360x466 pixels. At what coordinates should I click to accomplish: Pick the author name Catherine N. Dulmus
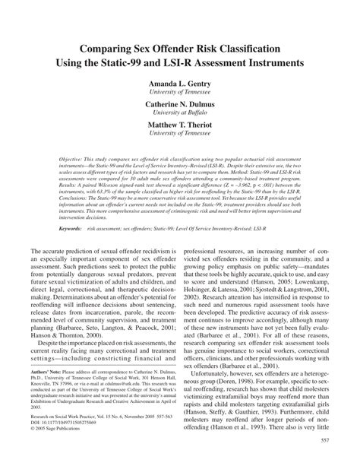179,102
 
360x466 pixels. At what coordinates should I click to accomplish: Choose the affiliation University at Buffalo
179,111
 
